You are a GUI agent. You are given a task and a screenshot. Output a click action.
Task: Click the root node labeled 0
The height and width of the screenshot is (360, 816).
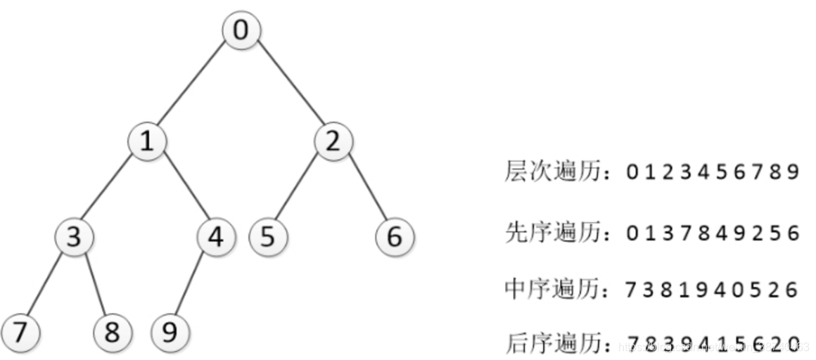pos(241,31)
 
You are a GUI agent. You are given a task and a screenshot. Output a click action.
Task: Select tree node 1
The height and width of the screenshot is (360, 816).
pos(146,141)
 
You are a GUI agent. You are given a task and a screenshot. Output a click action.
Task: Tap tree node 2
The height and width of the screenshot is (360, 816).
pos(332,141)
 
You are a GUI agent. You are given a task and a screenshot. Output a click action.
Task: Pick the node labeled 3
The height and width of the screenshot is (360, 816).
pos(74,236)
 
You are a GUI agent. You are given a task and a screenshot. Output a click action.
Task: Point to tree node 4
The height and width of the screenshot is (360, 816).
pos(215,236)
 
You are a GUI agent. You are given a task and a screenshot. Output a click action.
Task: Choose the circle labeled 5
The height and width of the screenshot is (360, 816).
pos(267,236)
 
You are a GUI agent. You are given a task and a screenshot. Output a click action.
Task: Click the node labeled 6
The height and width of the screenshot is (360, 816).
pos(395,236)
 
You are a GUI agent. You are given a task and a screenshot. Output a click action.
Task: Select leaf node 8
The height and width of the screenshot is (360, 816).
pos(113,332)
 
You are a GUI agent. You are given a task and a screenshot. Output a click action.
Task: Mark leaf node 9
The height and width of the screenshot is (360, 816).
pos(170,332)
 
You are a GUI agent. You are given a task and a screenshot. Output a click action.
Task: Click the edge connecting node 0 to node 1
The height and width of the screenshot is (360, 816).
pos(193,86)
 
